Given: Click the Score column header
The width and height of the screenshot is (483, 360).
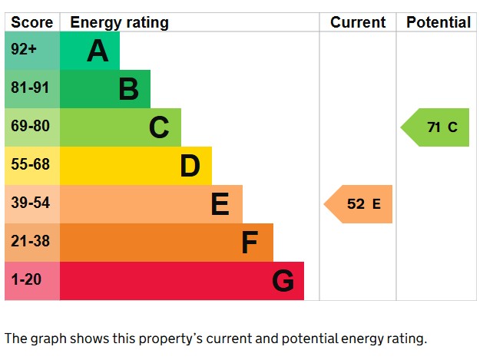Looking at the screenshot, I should [32, 22].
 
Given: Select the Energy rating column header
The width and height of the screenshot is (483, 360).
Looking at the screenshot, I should [119, 22].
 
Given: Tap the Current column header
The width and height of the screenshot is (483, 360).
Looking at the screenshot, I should [358, 22].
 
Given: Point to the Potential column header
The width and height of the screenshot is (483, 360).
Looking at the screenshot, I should [438, 22].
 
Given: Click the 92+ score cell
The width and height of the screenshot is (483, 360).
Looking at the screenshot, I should [25, 50].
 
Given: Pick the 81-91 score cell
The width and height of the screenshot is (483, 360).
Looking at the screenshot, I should [30, 88].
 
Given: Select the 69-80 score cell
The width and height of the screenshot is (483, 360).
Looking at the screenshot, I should [30, 127].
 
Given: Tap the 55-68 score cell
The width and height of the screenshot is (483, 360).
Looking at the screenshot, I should [30, 165].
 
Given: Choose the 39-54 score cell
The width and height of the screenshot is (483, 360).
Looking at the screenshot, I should [30, 203].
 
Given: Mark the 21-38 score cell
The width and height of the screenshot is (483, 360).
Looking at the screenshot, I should [30, 242].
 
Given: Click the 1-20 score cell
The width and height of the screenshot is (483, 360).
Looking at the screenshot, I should [26, 280].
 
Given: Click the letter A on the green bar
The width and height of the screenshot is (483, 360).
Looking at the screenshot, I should [98, 51].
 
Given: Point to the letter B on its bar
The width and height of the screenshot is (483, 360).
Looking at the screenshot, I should [128, 89].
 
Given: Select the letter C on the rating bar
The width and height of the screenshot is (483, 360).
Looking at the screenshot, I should [159, 127].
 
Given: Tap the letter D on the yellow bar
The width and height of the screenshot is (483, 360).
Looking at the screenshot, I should [190, 166].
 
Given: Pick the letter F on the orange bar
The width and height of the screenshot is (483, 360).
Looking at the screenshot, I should [250, 243].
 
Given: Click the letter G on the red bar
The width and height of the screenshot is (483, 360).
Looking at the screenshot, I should [283, 282].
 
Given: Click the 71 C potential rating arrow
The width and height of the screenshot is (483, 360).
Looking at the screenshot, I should [437, 127].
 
